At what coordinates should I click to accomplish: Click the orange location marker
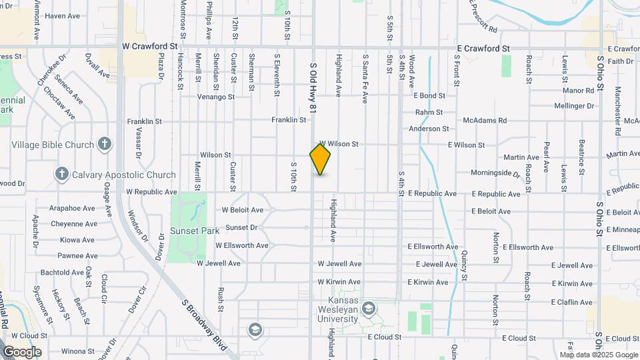click(x=320, y=159)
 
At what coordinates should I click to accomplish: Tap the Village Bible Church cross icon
click(x=104, y=143)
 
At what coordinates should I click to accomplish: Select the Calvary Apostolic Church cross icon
click(x=62, y=175)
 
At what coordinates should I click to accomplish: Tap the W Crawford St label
click(x=149, y=47)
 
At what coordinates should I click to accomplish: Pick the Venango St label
click(x=217, y=97)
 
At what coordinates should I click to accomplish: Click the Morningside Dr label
click(x=495, y=173)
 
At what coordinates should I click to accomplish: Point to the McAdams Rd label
click(x=485, y=121)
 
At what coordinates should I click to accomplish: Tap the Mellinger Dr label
click(x=574, y=105)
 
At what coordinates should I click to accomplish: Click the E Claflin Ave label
click(x=571, y=302)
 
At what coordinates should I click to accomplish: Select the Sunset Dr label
click(x=241, y=227)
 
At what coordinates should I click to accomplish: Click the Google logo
click(x=22, y=351)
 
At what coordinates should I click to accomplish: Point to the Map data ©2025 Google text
click(x=599, y=355)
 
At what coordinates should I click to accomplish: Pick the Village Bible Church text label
click(x=53, y=145)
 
